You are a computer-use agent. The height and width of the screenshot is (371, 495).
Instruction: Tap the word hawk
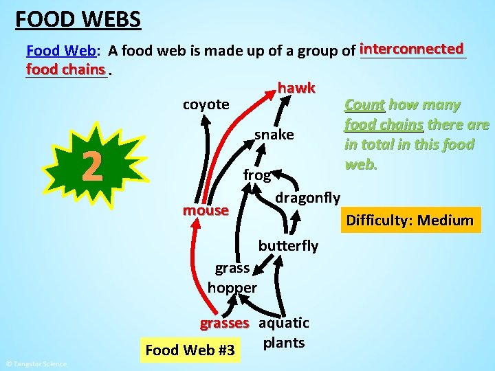tap(296, 88)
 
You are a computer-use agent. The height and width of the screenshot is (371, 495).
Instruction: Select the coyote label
tap(206, 104)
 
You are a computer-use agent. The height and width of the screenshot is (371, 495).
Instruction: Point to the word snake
tap(274, 135)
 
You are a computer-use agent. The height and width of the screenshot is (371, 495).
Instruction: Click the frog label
tap(256, 175)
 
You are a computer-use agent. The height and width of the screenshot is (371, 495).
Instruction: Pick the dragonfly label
tap(307, 198)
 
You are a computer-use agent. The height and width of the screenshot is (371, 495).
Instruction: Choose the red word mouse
tap(205, 210)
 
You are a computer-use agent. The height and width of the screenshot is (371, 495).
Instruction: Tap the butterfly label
tap(288, 245)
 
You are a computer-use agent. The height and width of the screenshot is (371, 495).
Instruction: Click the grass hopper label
tap(232, 278)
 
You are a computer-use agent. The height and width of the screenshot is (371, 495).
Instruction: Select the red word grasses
tap(224, 323)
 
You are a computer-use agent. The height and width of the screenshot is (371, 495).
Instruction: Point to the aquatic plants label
tap(284, 333)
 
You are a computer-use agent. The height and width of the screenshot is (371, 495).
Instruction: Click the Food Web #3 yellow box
tap(190, 350)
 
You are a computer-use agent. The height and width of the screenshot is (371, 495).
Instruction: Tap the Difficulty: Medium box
tap(410, 221)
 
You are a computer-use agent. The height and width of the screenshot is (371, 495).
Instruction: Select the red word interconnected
tap(411, 49)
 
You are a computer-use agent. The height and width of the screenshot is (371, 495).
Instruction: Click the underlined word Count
tap(364, 105)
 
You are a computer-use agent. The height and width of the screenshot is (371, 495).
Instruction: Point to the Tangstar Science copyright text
tap(36, 363)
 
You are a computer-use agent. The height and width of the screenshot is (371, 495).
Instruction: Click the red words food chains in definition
tap(66, 69)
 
